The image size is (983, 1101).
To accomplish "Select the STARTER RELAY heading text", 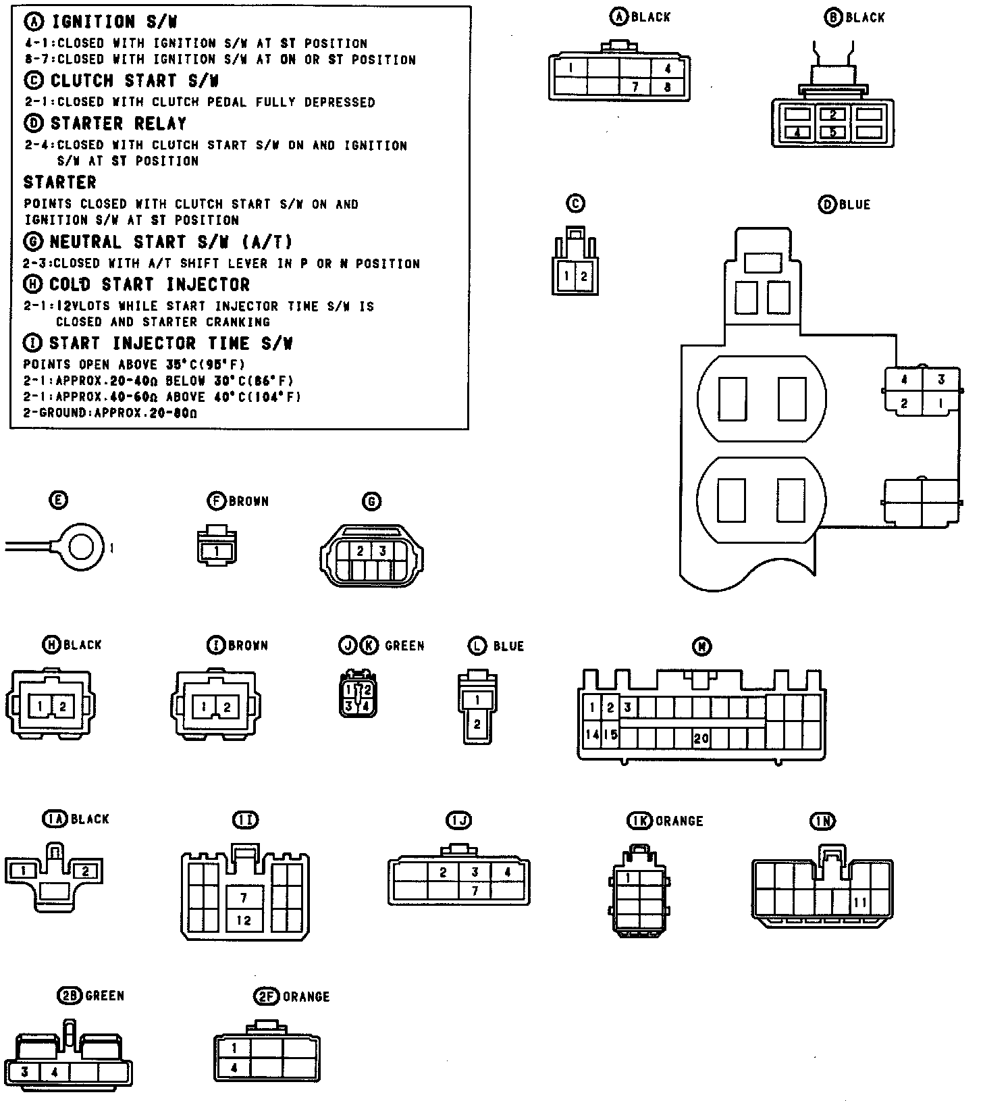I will point(117,124).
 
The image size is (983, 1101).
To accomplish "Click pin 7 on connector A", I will point(635,87).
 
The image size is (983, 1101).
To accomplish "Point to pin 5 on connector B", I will point(833,132).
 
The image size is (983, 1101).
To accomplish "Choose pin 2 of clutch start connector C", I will point(584,276).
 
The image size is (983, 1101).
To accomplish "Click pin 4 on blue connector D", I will point(904,380).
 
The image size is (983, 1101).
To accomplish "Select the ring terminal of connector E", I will point(82,546).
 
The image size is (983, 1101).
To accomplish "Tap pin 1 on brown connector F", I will point(216,552).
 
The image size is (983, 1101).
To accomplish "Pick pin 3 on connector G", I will point(382,551).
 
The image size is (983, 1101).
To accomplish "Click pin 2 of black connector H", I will point(63,707).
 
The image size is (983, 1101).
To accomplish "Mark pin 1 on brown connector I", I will point(203,707).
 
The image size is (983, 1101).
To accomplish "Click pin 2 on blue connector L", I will point(477,725).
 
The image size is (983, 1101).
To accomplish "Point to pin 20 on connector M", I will point(701,738).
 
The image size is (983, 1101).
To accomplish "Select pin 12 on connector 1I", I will point(244,920).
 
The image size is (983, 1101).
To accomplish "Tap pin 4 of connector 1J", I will point(507,872).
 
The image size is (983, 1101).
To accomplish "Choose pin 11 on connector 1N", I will point(860,902).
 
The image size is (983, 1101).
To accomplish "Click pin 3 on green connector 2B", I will point(24,1072).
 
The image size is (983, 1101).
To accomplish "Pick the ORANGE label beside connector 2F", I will point(306,997).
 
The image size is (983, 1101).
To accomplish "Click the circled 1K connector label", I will point(639,821).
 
